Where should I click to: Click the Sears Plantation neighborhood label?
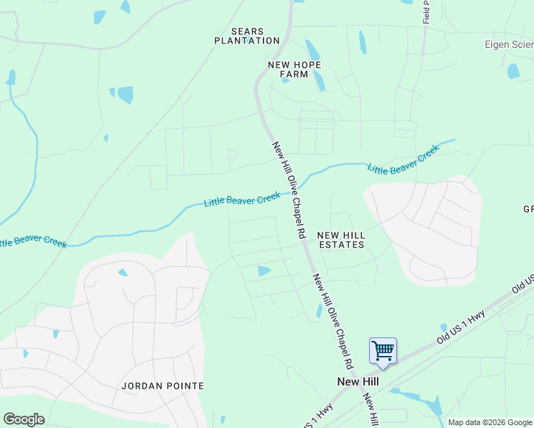coord(247,36)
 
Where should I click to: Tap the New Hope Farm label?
coord(294,69)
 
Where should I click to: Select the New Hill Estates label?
coord(341,240)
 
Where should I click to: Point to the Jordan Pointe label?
coord(163,386)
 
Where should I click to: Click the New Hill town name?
coord(358,382)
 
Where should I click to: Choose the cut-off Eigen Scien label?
coord(509,44)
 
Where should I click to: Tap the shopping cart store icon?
coord(383,350)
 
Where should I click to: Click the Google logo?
coord(24,419)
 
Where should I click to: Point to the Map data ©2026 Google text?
coord(490,422)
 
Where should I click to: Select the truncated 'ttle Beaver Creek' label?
coord(32,241)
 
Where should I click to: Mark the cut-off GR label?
coord(528,210)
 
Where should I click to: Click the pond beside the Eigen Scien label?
coord(513,71)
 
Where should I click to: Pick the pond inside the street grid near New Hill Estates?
coord(263,270)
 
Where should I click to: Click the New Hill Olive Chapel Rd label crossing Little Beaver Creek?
coord(288,189)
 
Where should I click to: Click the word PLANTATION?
coord(247,41)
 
